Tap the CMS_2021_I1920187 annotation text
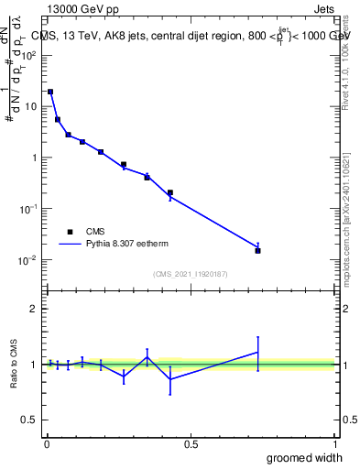[190, 274]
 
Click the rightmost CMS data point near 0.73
[257, 250]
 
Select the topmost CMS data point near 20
[50, 92]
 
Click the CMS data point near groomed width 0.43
[170, 192]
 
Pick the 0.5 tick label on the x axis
[191, 443]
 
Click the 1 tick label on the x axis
[334, 443]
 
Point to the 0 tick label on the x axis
[47, 443]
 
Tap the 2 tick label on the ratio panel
[34, 309]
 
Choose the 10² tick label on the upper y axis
[29, 55]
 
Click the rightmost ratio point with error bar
[257, 353]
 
